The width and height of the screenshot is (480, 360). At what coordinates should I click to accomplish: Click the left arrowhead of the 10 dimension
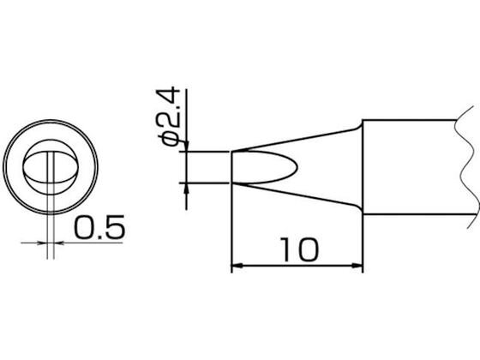tap(237, 267)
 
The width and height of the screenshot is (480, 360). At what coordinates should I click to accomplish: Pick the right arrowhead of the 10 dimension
tap(357, 267)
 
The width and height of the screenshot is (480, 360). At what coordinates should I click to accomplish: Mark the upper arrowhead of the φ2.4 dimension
tap(184, 146)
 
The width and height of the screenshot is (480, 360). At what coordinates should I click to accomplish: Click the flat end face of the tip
tap(233, 167)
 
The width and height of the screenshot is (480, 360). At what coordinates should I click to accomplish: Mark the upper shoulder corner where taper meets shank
tap(362, 125)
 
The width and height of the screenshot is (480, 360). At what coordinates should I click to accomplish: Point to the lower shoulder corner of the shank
tap(362, 210)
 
